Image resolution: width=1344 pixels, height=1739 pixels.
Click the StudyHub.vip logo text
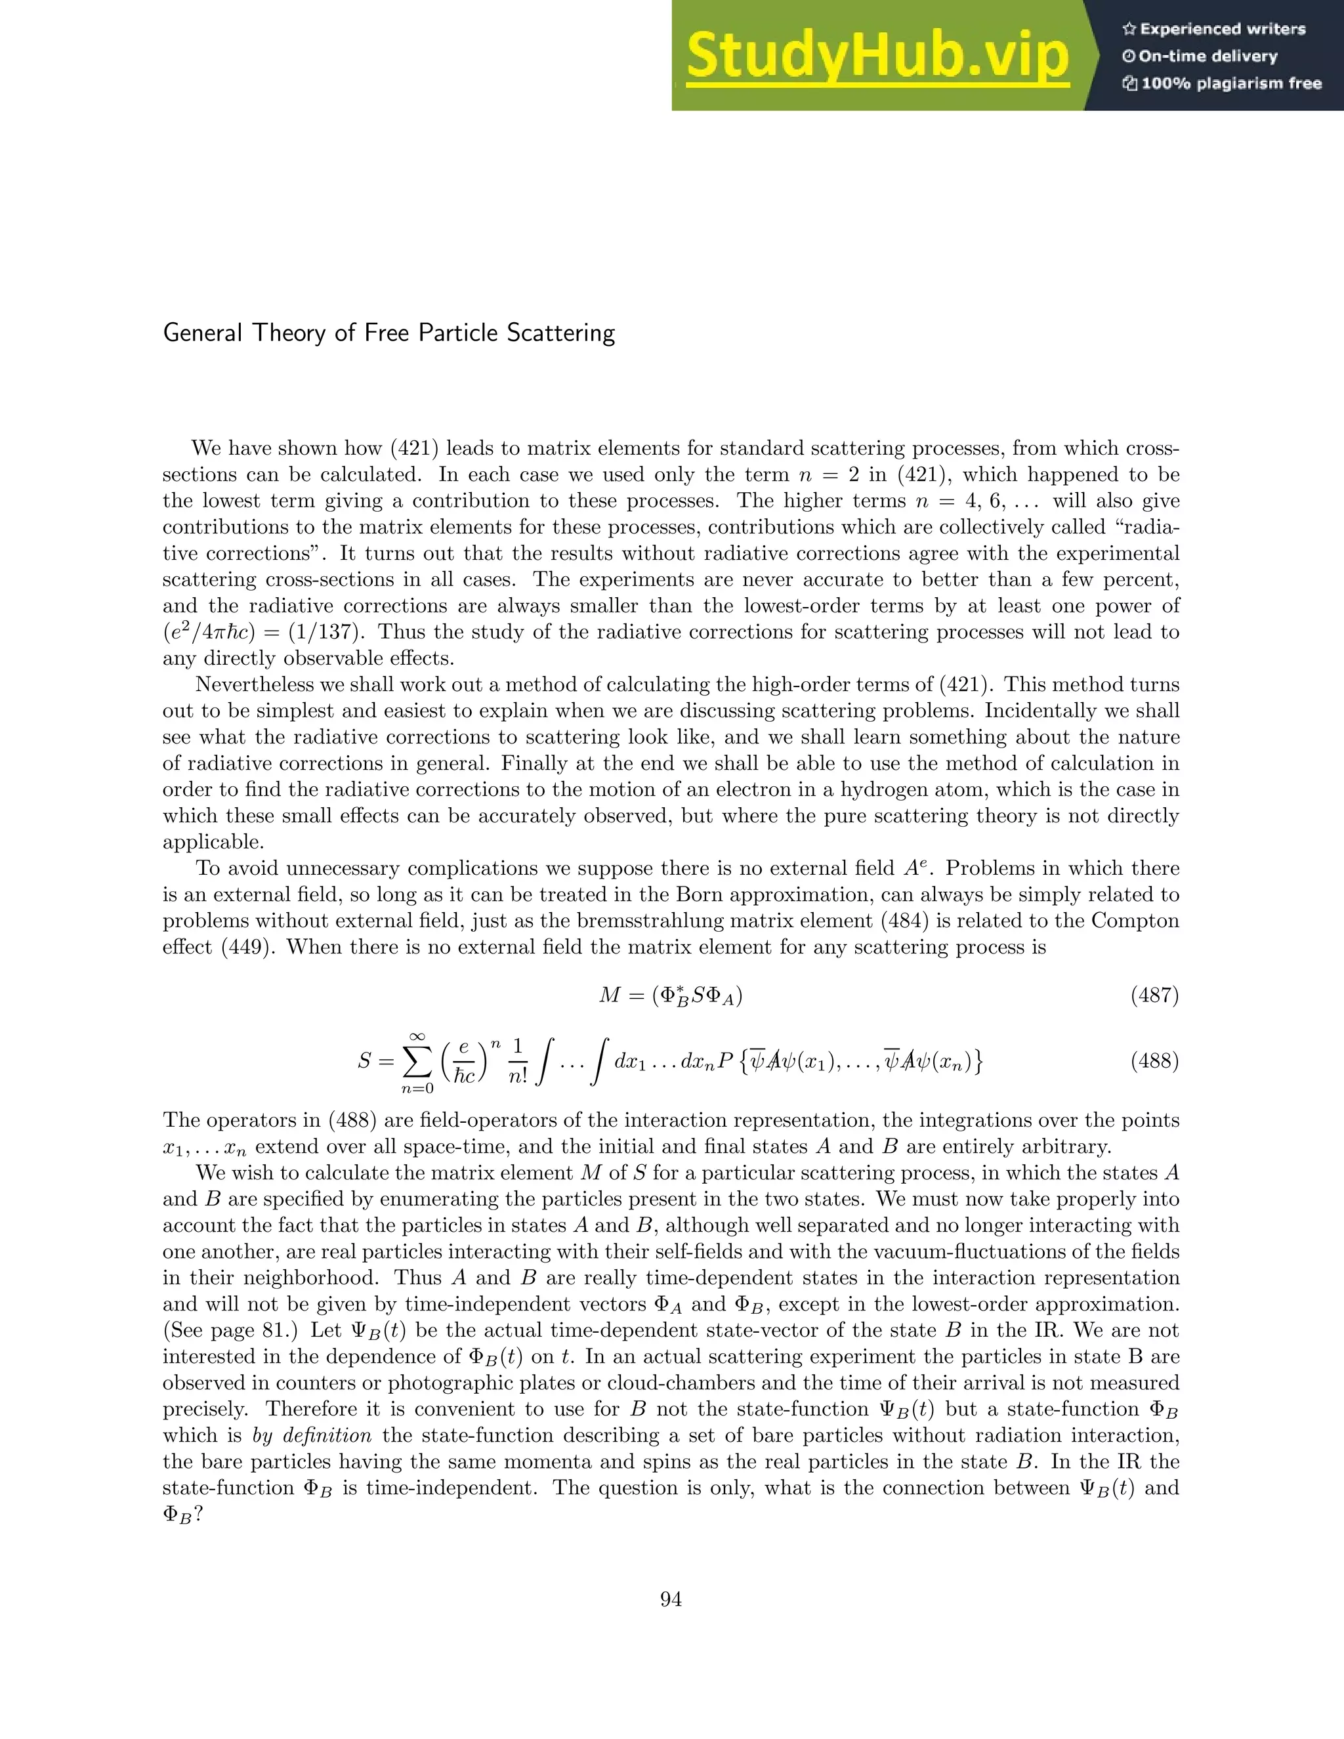(x=876, y=56)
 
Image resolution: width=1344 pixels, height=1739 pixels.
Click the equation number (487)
(x=1154, y=995)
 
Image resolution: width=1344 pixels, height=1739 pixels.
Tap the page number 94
(x=671, y=1600)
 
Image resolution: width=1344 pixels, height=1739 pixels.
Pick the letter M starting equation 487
(x=610, y=995)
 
